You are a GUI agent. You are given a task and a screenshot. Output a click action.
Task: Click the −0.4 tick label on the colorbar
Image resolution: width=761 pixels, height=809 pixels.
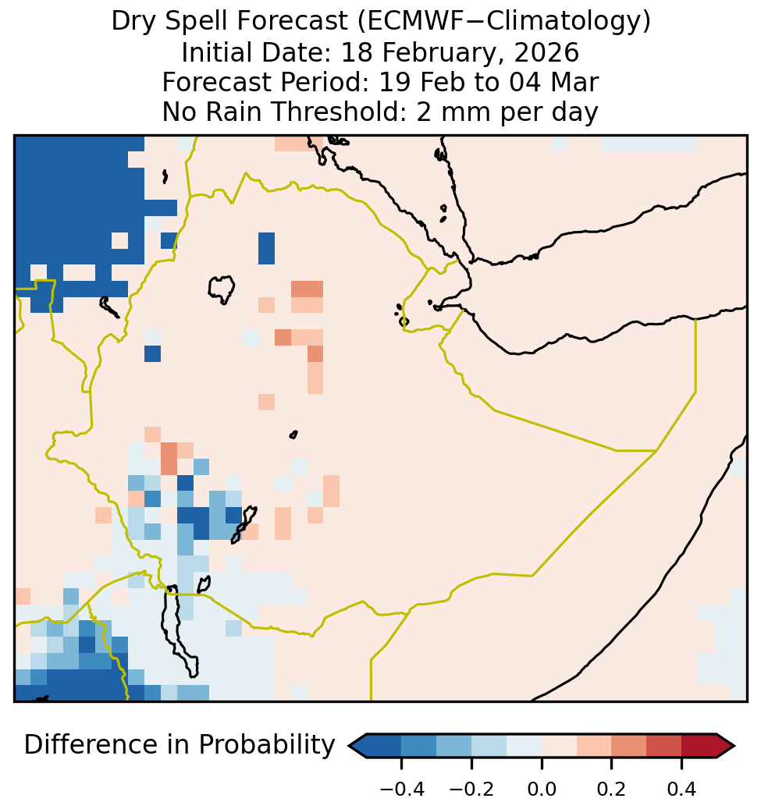click(402, 789)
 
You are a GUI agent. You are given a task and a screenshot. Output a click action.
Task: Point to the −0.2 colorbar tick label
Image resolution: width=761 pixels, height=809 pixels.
click(471, 789)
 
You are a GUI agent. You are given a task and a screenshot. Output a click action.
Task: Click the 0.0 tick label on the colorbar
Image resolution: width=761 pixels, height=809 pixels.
click(542, 789)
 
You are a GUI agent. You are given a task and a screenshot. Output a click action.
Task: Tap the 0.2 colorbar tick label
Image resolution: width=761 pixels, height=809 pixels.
click(611, 789)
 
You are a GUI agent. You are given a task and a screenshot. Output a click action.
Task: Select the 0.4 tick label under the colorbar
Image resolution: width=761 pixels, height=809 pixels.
click(681, 789)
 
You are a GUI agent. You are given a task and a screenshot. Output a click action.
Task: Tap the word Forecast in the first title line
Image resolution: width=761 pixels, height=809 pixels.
click(292, 22)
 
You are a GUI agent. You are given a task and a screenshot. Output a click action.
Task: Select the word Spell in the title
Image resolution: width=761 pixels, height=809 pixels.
click(195, 22)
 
